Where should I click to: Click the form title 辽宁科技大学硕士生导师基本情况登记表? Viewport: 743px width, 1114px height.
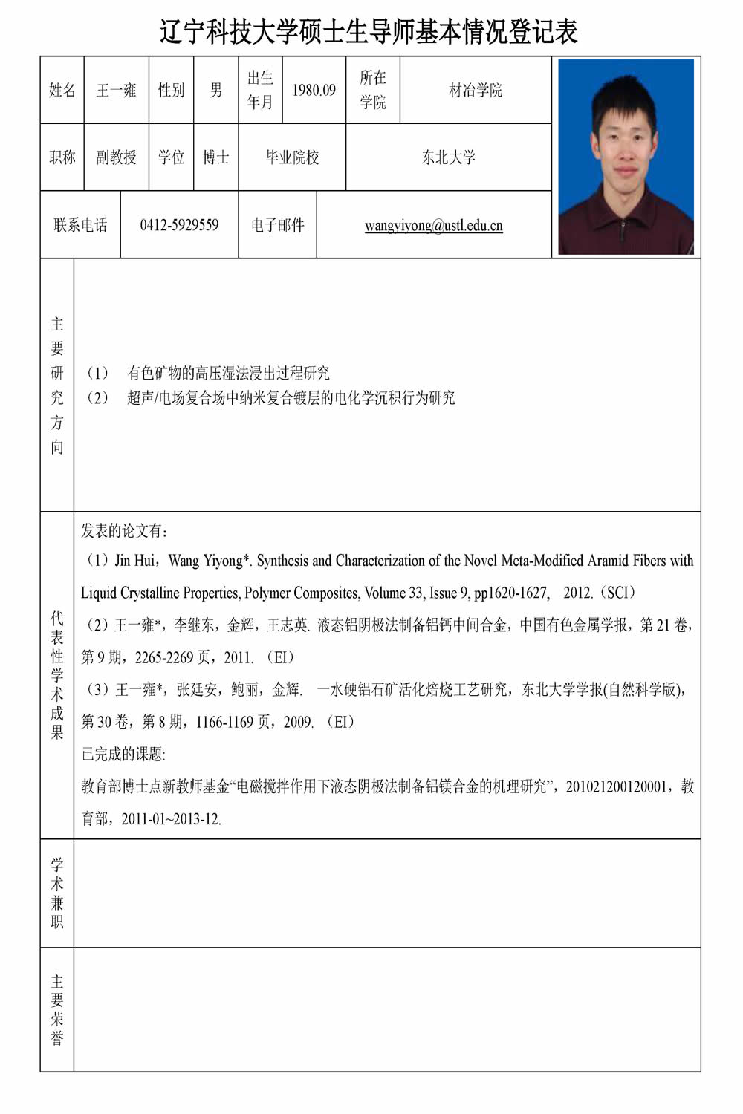369,32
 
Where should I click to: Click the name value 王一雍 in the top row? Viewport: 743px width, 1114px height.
117,91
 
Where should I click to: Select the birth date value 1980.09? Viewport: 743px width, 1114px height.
314,91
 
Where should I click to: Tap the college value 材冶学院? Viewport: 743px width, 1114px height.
476,91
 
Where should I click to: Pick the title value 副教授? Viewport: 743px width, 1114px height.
117,157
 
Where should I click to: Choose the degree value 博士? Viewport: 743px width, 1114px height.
216,157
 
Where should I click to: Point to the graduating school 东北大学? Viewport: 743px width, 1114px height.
449,157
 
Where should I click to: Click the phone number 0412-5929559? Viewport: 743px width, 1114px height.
179,225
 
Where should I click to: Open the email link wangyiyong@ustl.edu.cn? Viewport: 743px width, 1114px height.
433,226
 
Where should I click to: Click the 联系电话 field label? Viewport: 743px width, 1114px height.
80,225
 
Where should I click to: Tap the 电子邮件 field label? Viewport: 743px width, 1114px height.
278,225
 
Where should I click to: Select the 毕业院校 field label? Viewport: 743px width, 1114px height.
292,157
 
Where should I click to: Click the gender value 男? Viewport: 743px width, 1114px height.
216,91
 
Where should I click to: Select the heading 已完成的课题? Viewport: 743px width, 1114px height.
123,755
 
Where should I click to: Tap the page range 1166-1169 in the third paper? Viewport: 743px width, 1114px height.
224,722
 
